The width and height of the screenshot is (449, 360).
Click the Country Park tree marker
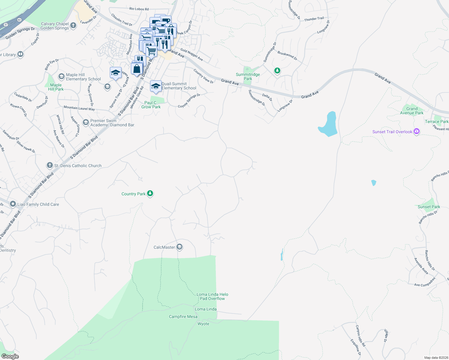coord(150,193)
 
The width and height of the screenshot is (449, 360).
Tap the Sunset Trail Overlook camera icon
coord(416,131)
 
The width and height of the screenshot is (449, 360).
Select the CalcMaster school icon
coord(179,247)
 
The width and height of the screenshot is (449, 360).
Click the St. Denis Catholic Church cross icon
coord(50,165)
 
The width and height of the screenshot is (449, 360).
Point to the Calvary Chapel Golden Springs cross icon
coord(73,25)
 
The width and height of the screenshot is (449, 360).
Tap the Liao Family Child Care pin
coord(13,204)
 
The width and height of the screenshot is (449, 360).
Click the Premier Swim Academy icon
coord(86,122)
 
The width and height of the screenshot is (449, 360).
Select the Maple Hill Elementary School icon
coord(62,76)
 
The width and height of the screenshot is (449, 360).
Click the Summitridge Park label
coord(248,76)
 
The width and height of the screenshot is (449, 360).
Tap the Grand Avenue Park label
coord(412,111)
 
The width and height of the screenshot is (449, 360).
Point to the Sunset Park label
coord(429,207)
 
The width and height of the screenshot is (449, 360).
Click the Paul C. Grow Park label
coord(151,105)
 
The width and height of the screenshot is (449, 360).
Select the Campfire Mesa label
coord(183,316)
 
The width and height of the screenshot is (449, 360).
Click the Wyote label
coord(203,324)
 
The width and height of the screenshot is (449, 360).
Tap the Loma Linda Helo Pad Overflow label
coord(212,296)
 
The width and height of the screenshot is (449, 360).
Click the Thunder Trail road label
coord(314,19)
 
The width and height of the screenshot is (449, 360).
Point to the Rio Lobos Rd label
coord(139,9)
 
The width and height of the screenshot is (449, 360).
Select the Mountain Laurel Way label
coord(79,108)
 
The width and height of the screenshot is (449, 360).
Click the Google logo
coord(10,356)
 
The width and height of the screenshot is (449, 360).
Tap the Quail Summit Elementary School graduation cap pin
coord(156,86)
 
